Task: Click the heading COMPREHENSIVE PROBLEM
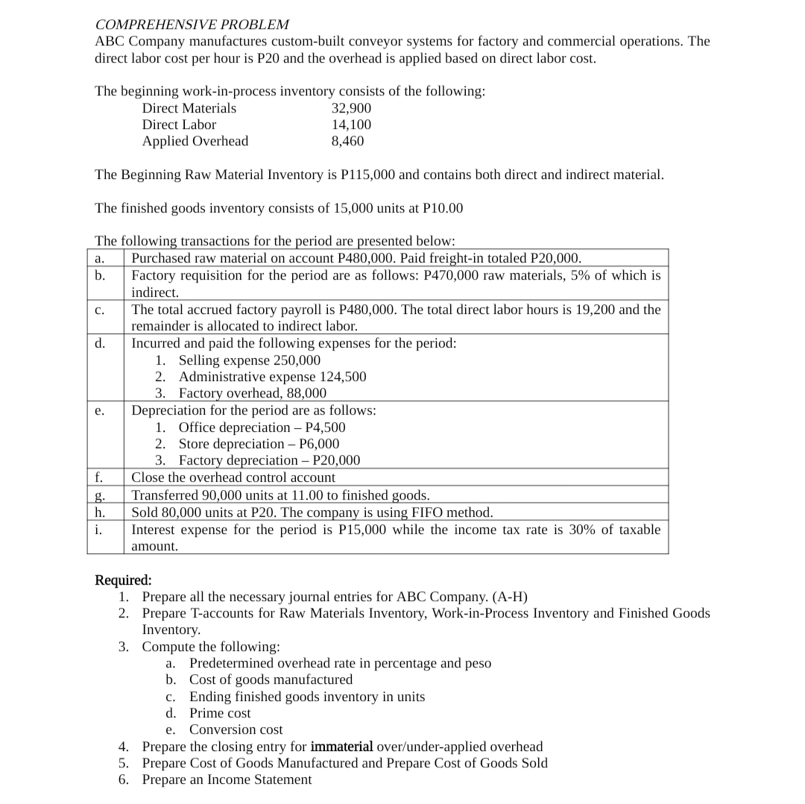pos(192,25)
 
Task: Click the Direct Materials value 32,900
pos(351,108)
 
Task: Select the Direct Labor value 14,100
pos(351,125)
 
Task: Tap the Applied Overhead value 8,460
pos(347,141)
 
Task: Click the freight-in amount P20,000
pos(554,258)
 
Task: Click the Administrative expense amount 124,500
pos(342,377)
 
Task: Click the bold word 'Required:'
pos(123,580)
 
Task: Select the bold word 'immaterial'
pos(341,747)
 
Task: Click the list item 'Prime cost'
pos(220,713)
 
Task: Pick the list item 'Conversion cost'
pos(236,729)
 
